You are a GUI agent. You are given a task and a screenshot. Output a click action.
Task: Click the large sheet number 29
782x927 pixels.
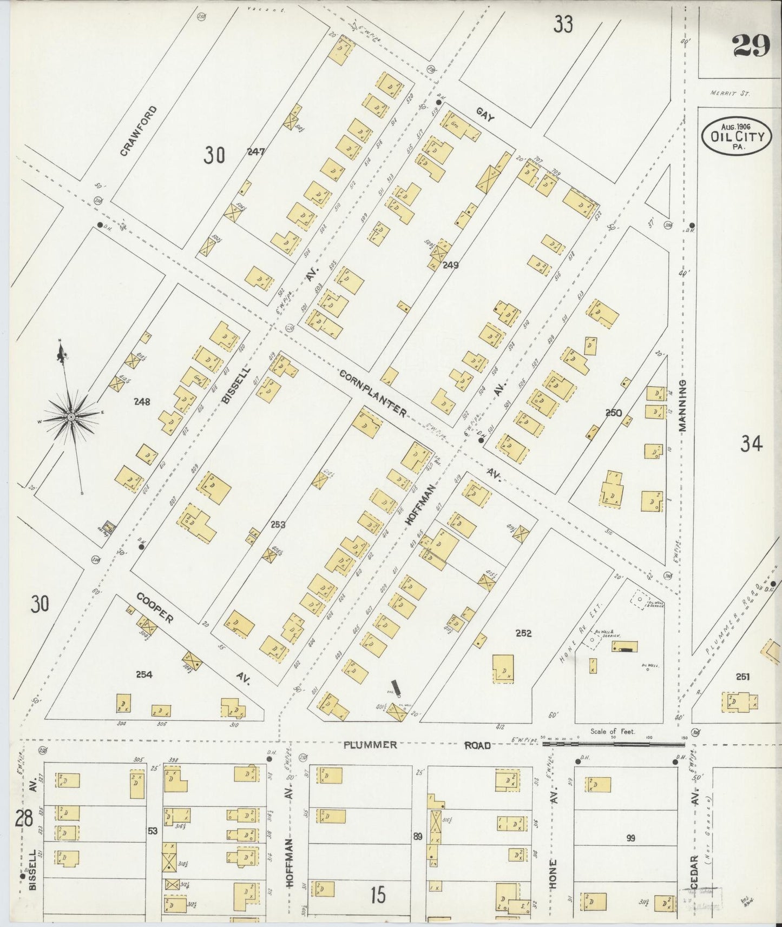pos(751,45)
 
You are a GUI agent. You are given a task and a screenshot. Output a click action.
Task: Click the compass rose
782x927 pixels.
pos(71,417)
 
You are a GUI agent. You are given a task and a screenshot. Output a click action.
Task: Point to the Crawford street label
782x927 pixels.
pos(139,131)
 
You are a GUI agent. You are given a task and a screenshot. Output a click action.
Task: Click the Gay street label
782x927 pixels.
pos(485,115)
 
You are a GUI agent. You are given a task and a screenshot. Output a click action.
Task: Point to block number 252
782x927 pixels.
pos(523,633)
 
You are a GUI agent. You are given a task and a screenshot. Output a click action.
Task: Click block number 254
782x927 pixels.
pos(144,674)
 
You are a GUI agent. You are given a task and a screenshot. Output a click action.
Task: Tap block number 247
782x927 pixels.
pos(255,152)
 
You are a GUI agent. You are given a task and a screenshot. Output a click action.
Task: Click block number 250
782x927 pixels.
pos(613,413)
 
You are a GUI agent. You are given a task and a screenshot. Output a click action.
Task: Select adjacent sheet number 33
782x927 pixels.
pos(563,24)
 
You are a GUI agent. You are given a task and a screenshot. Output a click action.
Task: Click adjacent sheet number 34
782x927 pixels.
pos(751,444)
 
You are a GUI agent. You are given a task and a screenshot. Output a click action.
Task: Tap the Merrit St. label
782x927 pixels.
pos(730,93)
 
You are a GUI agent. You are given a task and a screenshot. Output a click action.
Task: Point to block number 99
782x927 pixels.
pos(630,838)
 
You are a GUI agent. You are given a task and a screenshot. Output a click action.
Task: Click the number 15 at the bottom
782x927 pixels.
pos(378,896)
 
